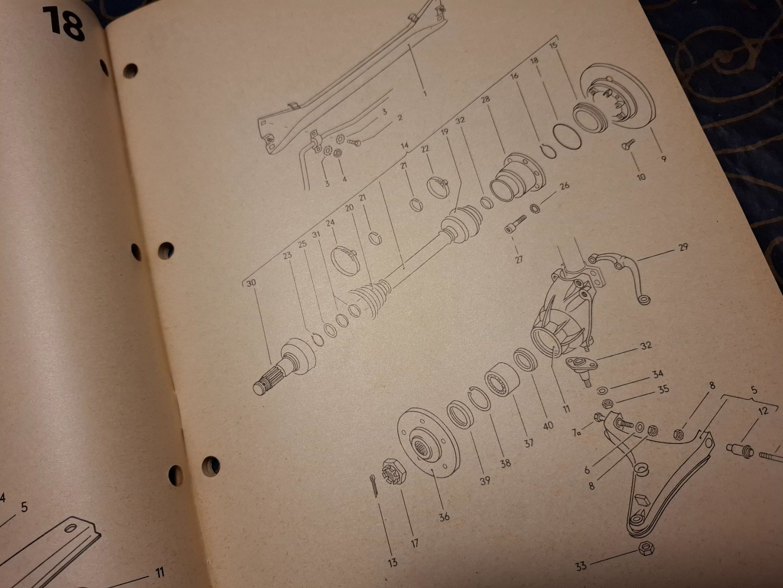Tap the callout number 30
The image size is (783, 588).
tap(251, 283)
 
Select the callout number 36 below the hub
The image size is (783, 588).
tap(444, 517)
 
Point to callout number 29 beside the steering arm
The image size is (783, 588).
tap(683, 247)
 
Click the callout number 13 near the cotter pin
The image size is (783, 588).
tap(392, 562)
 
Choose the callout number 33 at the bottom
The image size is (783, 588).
tap(581, 566)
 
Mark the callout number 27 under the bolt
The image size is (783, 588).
tap(519, 260)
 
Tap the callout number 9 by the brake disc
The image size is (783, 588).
tap(663, 159)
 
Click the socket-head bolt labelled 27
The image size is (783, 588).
tap(515, 224)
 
